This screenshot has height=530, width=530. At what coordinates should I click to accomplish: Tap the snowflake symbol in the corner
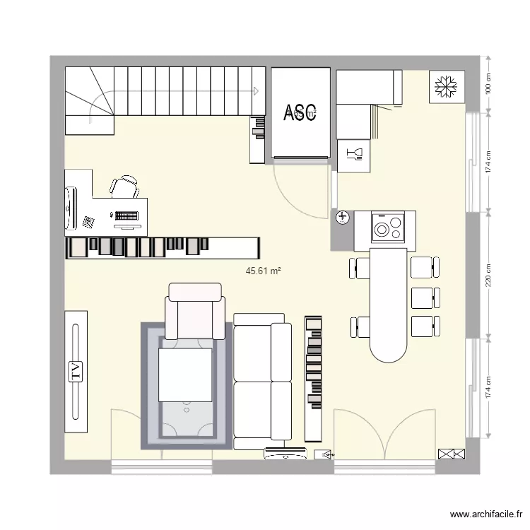pos(445,87)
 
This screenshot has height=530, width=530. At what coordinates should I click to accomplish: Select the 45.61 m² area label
pos(264,271)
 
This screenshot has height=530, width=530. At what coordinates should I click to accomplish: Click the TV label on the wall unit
pos(76,370)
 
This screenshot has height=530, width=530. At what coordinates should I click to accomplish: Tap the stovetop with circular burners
pos(387,228)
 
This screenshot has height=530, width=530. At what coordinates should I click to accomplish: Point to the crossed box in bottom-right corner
pos(448,454)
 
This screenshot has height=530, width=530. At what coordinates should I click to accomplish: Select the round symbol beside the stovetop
pos(343,218)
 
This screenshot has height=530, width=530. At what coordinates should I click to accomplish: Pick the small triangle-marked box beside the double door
pos(324,455)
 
